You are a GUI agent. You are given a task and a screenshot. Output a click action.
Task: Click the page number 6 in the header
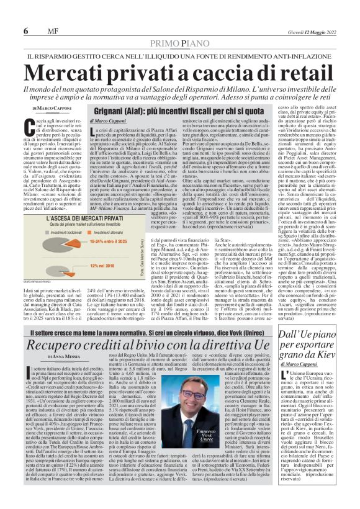(x=26, y=31)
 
